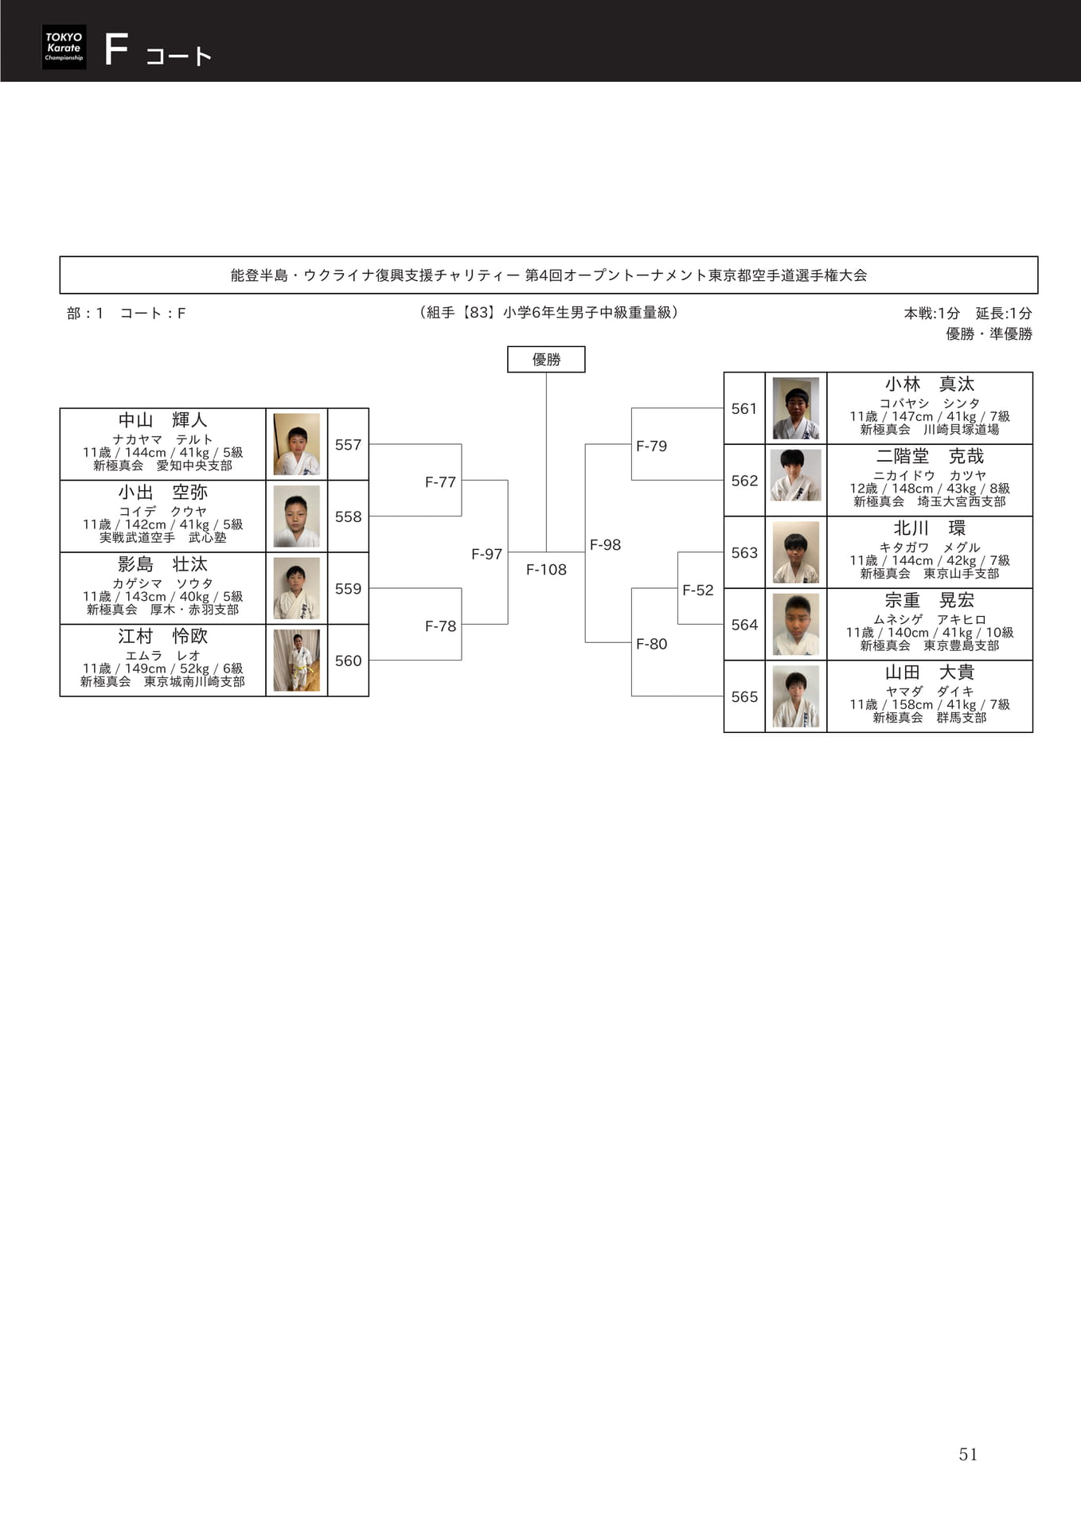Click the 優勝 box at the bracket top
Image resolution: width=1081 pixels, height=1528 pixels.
(546, 359)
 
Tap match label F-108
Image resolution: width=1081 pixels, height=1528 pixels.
(546, 569)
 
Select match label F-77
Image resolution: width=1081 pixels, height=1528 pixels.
(440, 481)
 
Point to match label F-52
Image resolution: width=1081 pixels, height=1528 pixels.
(698, 590)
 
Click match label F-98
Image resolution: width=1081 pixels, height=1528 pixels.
(605, 544)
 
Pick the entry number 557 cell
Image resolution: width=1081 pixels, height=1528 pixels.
(348, 444)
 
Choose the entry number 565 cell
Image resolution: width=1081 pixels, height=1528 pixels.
(744, 696)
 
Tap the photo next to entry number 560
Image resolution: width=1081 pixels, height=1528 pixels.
(297, 660)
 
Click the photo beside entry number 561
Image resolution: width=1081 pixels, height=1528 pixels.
(796, 408)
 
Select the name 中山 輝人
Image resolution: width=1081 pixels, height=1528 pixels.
(162, 419)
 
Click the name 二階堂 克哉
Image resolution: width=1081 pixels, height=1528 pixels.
(930, 456)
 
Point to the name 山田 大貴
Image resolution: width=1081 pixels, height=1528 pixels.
(930, 672)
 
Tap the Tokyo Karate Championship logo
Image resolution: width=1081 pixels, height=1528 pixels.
(64, 47)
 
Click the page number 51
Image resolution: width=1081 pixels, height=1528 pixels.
(968, 1454)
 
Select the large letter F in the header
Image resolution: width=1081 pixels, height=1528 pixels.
(116, 49)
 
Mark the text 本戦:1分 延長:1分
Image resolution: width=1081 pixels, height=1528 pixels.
(968, 313)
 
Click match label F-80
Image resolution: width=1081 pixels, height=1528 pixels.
(651, 644)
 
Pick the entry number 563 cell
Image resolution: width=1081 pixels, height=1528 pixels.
(744, 552)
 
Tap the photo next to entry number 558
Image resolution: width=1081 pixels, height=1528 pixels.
(297, 516)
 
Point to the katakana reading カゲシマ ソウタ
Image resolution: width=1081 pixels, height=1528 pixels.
(162, 583)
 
